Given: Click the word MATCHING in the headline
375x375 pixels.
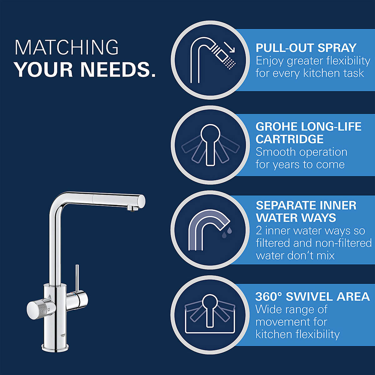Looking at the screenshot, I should point(67,47).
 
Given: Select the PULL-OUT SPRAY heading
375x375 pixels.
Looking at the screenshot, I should point(306,48).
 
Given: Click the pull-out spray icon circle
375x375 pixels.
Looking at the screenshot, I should point(210,60).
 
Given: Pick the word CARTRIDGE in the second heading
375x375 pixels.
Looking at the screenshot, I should point(289,139).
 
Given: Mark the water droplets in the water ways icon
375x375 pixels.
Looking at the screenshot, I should point(227,232).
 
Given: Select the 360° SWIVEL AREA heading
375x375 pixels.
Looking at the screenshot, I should point(312,296).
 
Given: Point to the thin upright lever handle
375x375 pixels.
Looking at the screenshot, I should point(77,277).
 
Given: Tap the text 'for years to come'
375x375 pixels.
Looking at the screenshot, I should point(300,164).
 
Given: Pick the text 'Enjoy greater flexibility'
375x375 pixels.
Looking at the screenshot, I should point(313,61).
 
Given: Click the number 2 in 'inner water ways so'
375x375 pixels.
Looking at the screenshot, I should point(259,231).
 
